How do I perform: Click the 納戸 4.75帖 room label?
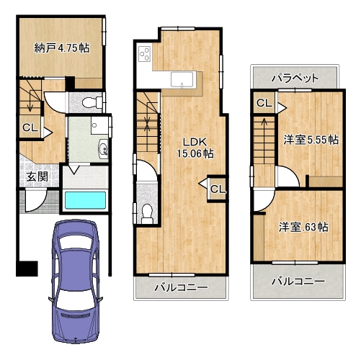point(62,48)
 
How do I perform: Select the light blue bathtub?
point(85,200)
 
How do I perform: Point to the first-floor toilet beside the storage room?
point(92,102)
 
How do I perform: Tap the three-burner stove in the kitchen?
point(144,54)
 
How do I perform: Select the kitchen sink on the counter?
point(182,79)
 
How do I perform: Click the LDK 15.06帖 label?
point(195,148)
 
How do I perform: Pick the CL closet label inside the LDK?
point(218,189)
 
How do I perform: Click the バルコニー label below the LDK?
point(181,287)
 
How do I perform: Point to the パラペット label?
point(295,78)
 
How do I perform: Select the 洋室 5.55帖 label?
point(311,140)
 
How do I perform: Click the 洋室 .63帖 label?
point(303,227)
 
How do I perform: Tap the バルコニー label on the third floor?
point(298,281)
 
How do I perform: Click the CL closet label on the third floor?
point(264,103)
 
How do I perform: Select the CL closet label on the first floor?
point(30,127)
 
